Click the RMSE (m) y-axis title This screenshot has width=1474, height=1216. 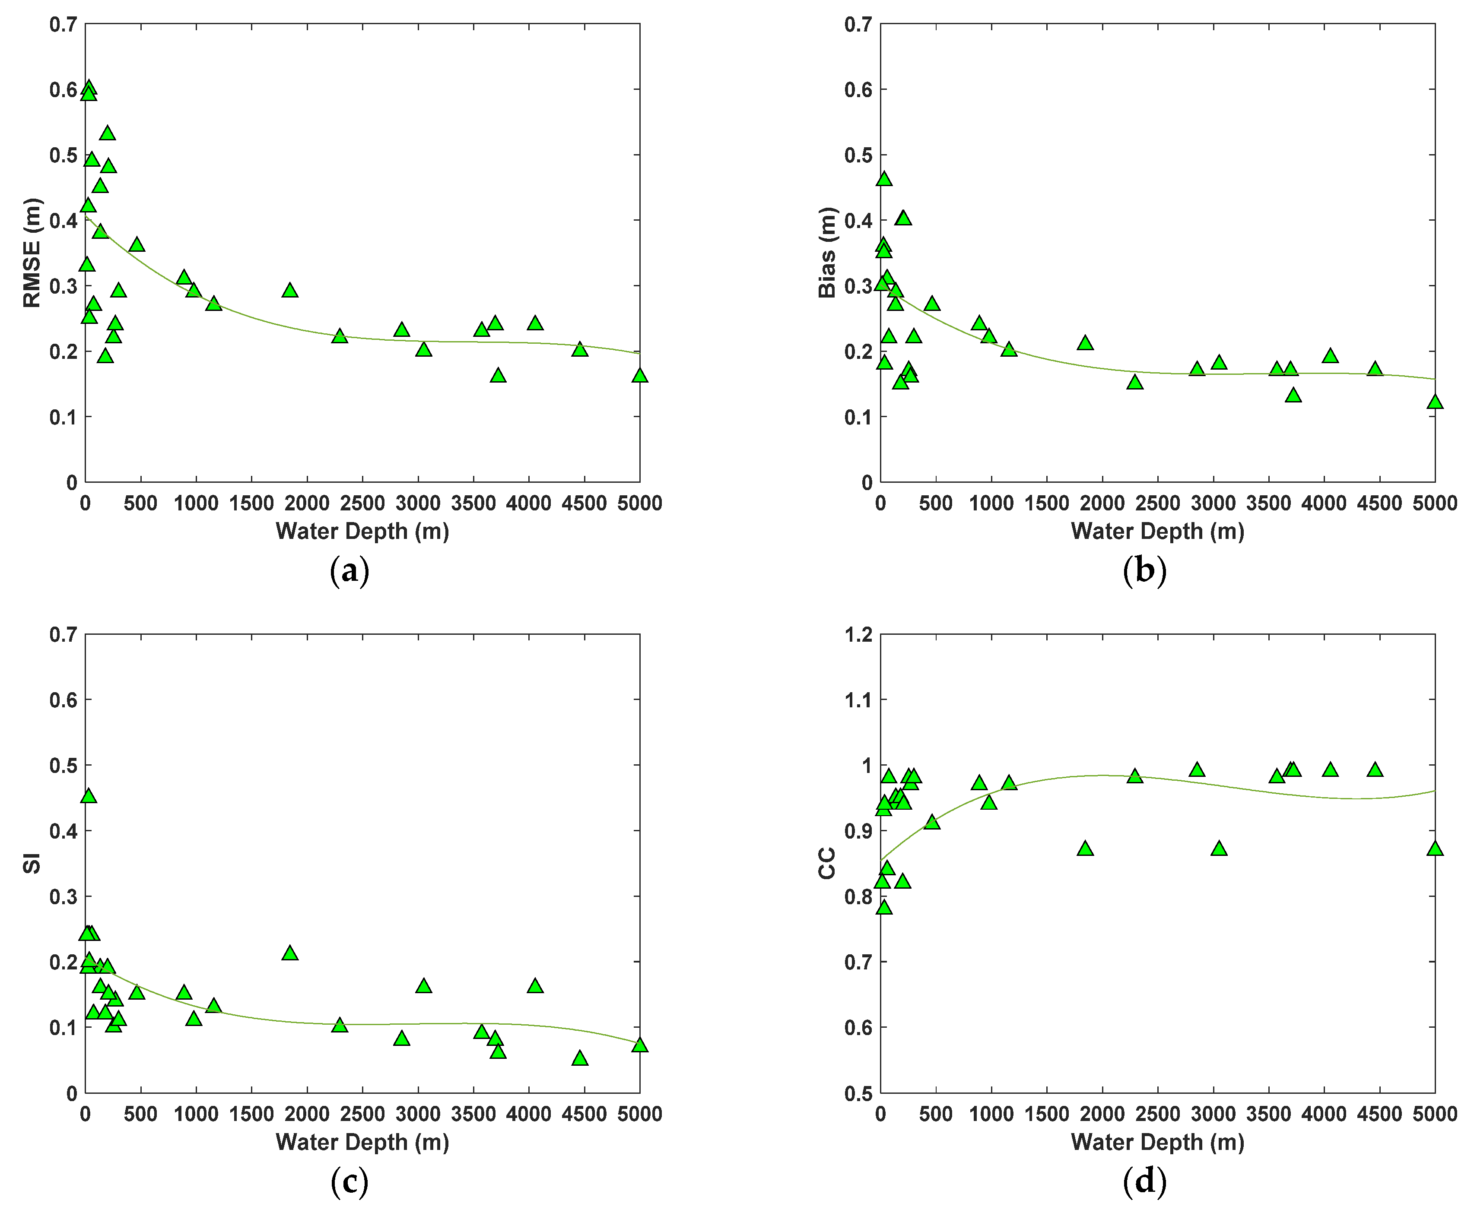[32, 253]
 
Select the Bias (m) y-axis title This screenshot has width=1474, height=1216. [827, 253]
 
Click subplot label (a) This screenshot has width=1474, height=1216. [349, 571]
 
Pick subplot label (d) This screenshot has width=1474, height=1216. [1144, 1182]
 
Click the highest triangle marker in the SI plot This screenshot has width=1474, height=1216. [88, 796]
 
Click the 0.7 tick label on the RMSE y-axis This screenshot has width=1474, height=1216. [63, 25]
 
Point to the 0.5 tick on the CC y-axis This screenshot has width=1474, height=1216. [858, 1093]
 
